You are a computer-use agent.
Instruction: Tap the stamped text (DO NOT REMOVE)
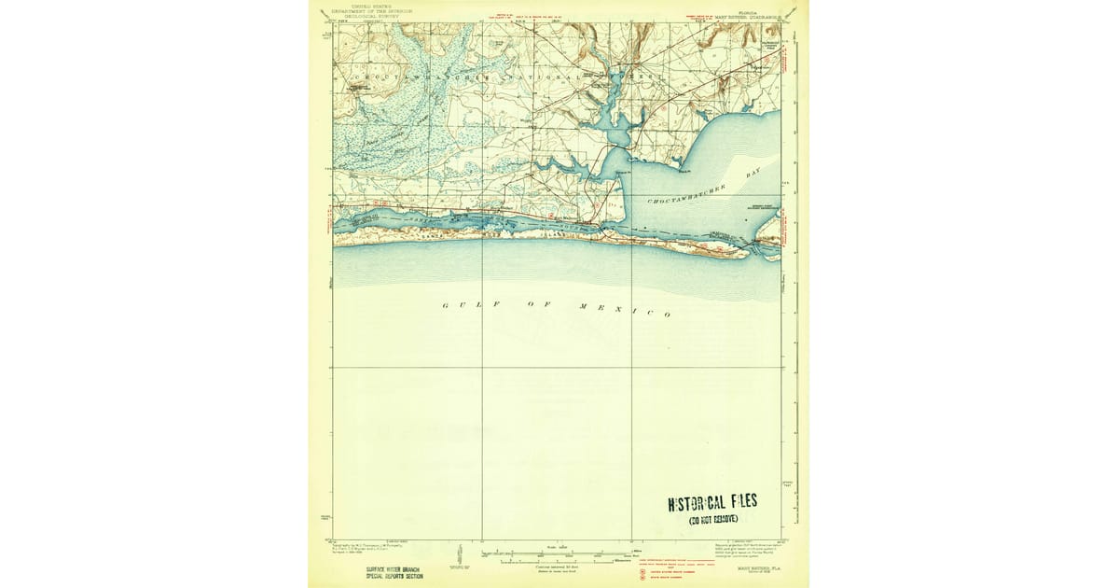tap(713, 519)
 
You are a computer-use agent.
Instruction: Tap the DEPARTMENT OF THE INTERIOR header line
tap(366, 10)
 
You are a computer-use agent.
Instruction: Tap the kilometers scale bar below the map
tap(559, 562)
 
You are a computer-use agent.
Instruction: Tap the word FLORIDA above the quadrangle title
tap(742, 7)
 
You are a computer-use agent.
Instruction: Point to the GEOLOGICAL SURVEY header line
tap(366, 16)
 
